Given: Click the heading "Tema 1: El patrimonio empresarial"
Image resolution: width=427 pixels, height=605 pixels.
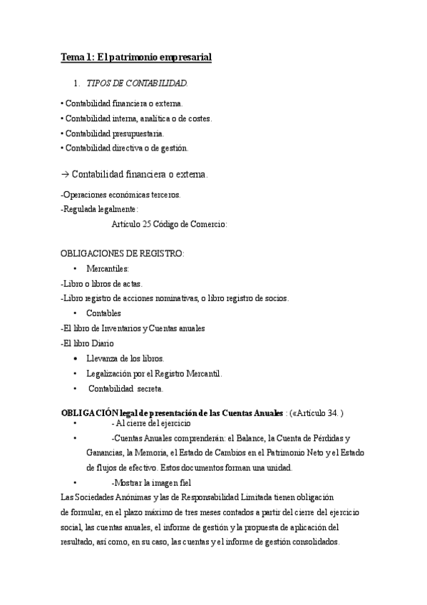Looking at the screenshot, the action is [135, 56].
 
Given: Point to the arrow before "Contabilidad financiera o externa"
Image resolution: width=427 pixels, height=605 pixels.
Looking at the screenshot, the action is [66, 174].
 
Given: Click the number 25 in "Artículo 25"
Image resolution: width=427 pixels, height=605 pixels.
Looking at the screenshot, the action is [146, 224].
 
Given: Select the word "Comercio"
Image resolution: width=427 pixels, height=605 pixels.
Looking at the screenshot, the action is [207, 224].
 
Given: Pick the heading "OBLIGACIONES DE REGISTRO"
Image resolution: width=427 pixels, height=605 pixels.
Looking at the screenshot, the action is [122, 253].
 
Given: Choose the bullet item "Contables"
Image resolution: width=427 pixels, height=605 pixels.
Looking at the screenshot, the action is [103, 313].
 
